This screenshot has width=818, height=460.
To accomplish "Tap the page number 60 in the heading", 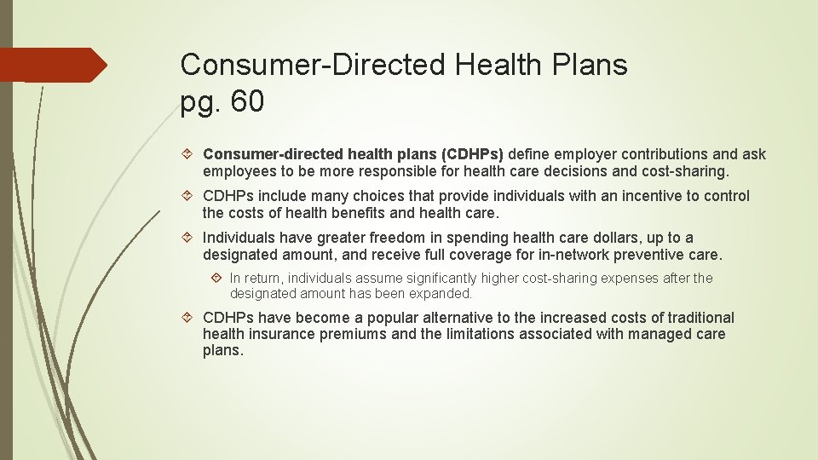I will [247, 102].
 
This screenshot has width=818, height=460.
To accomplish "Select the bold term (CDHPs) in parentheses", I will [472, 154].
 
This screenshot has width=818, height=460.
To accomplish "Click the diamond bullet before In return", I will [217, 279].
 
